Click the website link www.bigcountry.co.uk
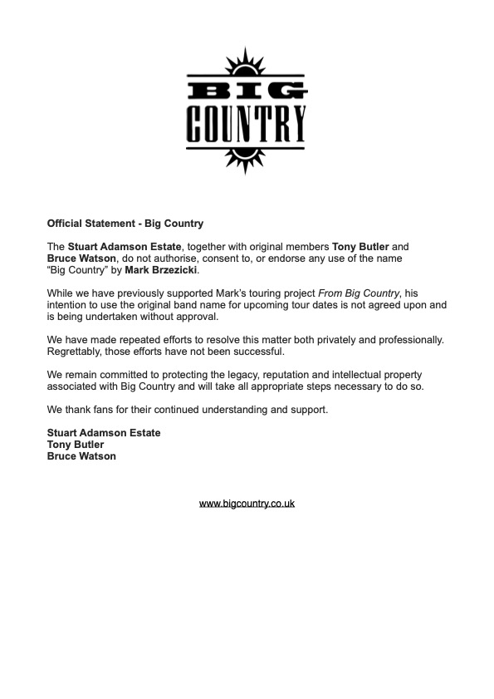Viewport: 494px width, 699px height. (247, 504)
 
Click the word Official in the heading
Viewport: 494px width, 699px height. (66, 224)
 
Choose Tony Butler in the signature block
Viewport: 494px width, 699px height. (76, 445)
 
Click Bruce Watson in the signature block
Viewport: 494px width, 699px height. (81, 456)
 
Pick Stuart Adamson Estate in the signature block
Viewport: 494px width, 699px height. (104, 433)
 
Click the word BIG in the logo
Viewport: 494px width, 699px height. (247, 88)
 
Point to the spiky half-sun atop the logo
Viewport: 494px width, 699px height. (247, 62)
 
